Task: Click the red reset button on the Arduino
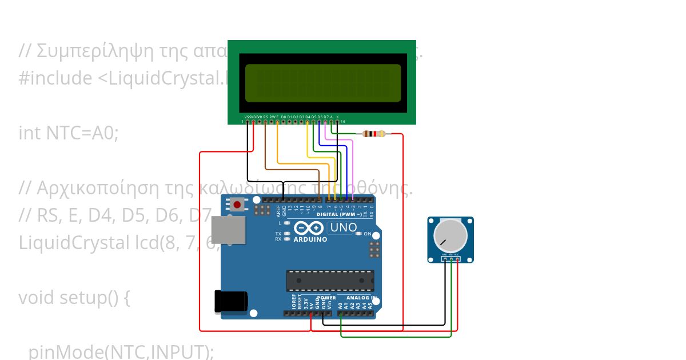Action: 237,204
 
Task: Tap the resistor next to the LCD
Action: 374,134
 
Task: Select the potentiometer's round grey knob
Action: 450,235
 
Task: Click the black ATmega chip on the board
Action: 330,281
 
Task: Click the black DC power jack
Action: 230,302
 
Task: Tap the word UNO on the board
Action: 344,227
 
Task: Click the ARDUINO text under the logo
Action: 310,239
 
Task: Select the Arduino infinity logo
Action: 309,228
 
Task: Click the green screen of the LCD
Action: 323,83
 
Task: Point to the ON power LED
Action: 358,234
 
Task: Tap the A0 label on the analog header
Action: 340,305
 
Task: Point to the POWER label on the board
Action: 326,298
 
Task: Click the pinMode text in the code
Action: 57,352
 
